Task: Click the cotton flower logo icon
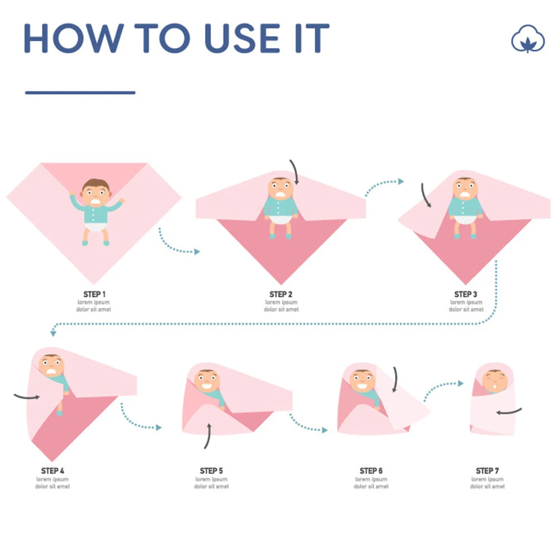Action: (528, 39)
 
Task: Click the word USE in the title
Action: (243, 38)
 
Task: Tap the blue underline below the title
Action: (80, 93)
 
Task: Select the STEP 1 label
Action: (94, 294)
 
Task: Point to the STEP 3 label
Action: (466, 294)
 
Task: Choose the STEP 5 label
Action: (211, 471)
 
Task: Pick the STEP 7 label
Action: (487, 471)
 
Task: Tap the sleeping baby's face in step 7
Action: (495, 381)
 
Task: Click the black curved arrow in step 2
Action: (295, 171)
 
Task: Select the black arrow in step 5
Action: (208, 435)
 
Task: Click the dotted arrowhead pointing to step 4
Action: (53, 333)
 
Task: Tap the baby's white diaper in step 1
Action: (96, 226)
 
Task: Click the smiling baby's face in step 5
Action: (207, 381)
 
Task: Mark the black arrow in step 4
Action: (27, 396)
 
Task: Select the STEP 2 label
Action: (281, 294)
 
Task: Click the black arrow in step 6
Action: (395, 380)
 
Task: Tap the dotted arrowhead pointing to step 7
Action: (461, 383)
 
